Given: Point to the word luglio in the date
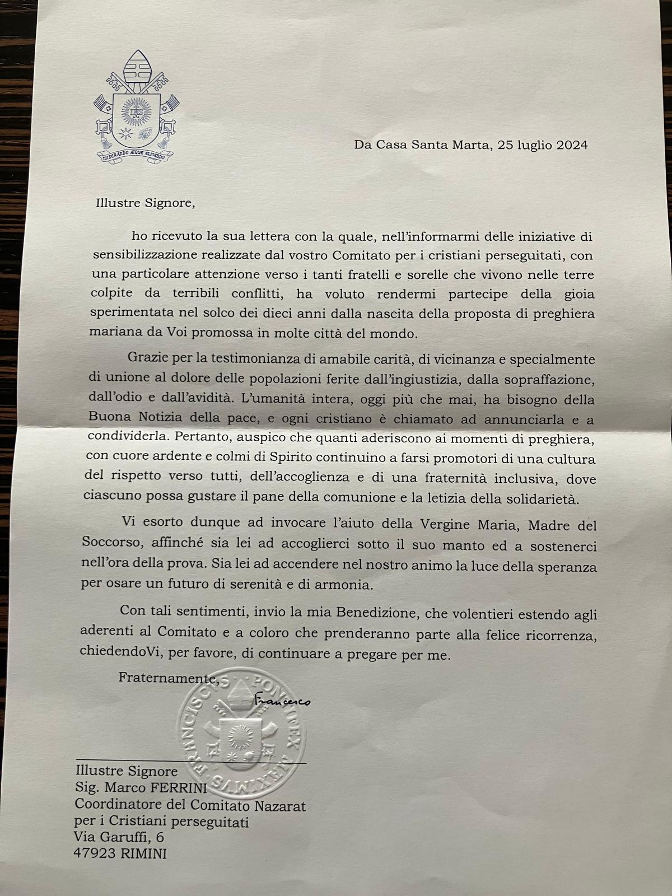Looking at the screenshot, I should point(530,145).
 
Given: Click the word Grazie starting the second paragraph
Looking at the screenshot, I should point(147,357).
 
